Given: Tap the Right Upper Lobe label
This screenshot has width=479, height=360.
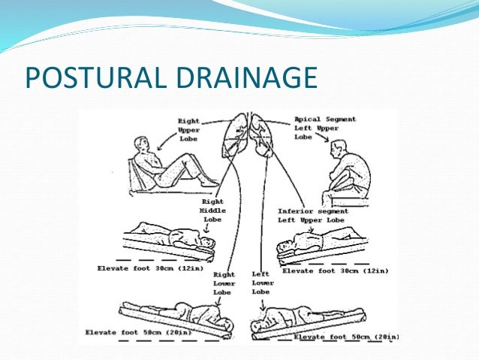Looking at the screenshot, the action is (x=188, y=129).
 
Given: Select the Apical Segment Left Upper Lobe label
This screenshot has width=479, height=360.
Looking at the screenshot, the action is (x=325, y=128).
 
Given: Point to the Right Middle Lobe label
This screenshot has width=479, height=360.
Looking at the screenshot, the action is (x=214, y=211).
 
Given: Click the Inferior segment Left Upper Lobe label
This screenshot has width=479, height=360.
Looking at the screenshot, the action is (x=312, y=216).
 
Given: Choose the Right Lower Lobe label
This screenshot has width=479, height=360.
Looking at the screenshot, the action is (x=224, y=284).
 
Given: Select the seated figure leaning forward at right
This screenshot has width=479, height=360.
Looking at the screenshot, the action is (x=347, y=174).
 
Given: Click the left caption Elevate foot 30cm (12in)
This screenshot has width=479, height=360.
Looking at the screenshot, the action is (x=148, y=268).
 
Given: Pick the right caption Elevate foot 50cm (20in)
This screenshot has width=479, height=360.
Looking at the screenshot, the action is (x=345, y=337).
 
